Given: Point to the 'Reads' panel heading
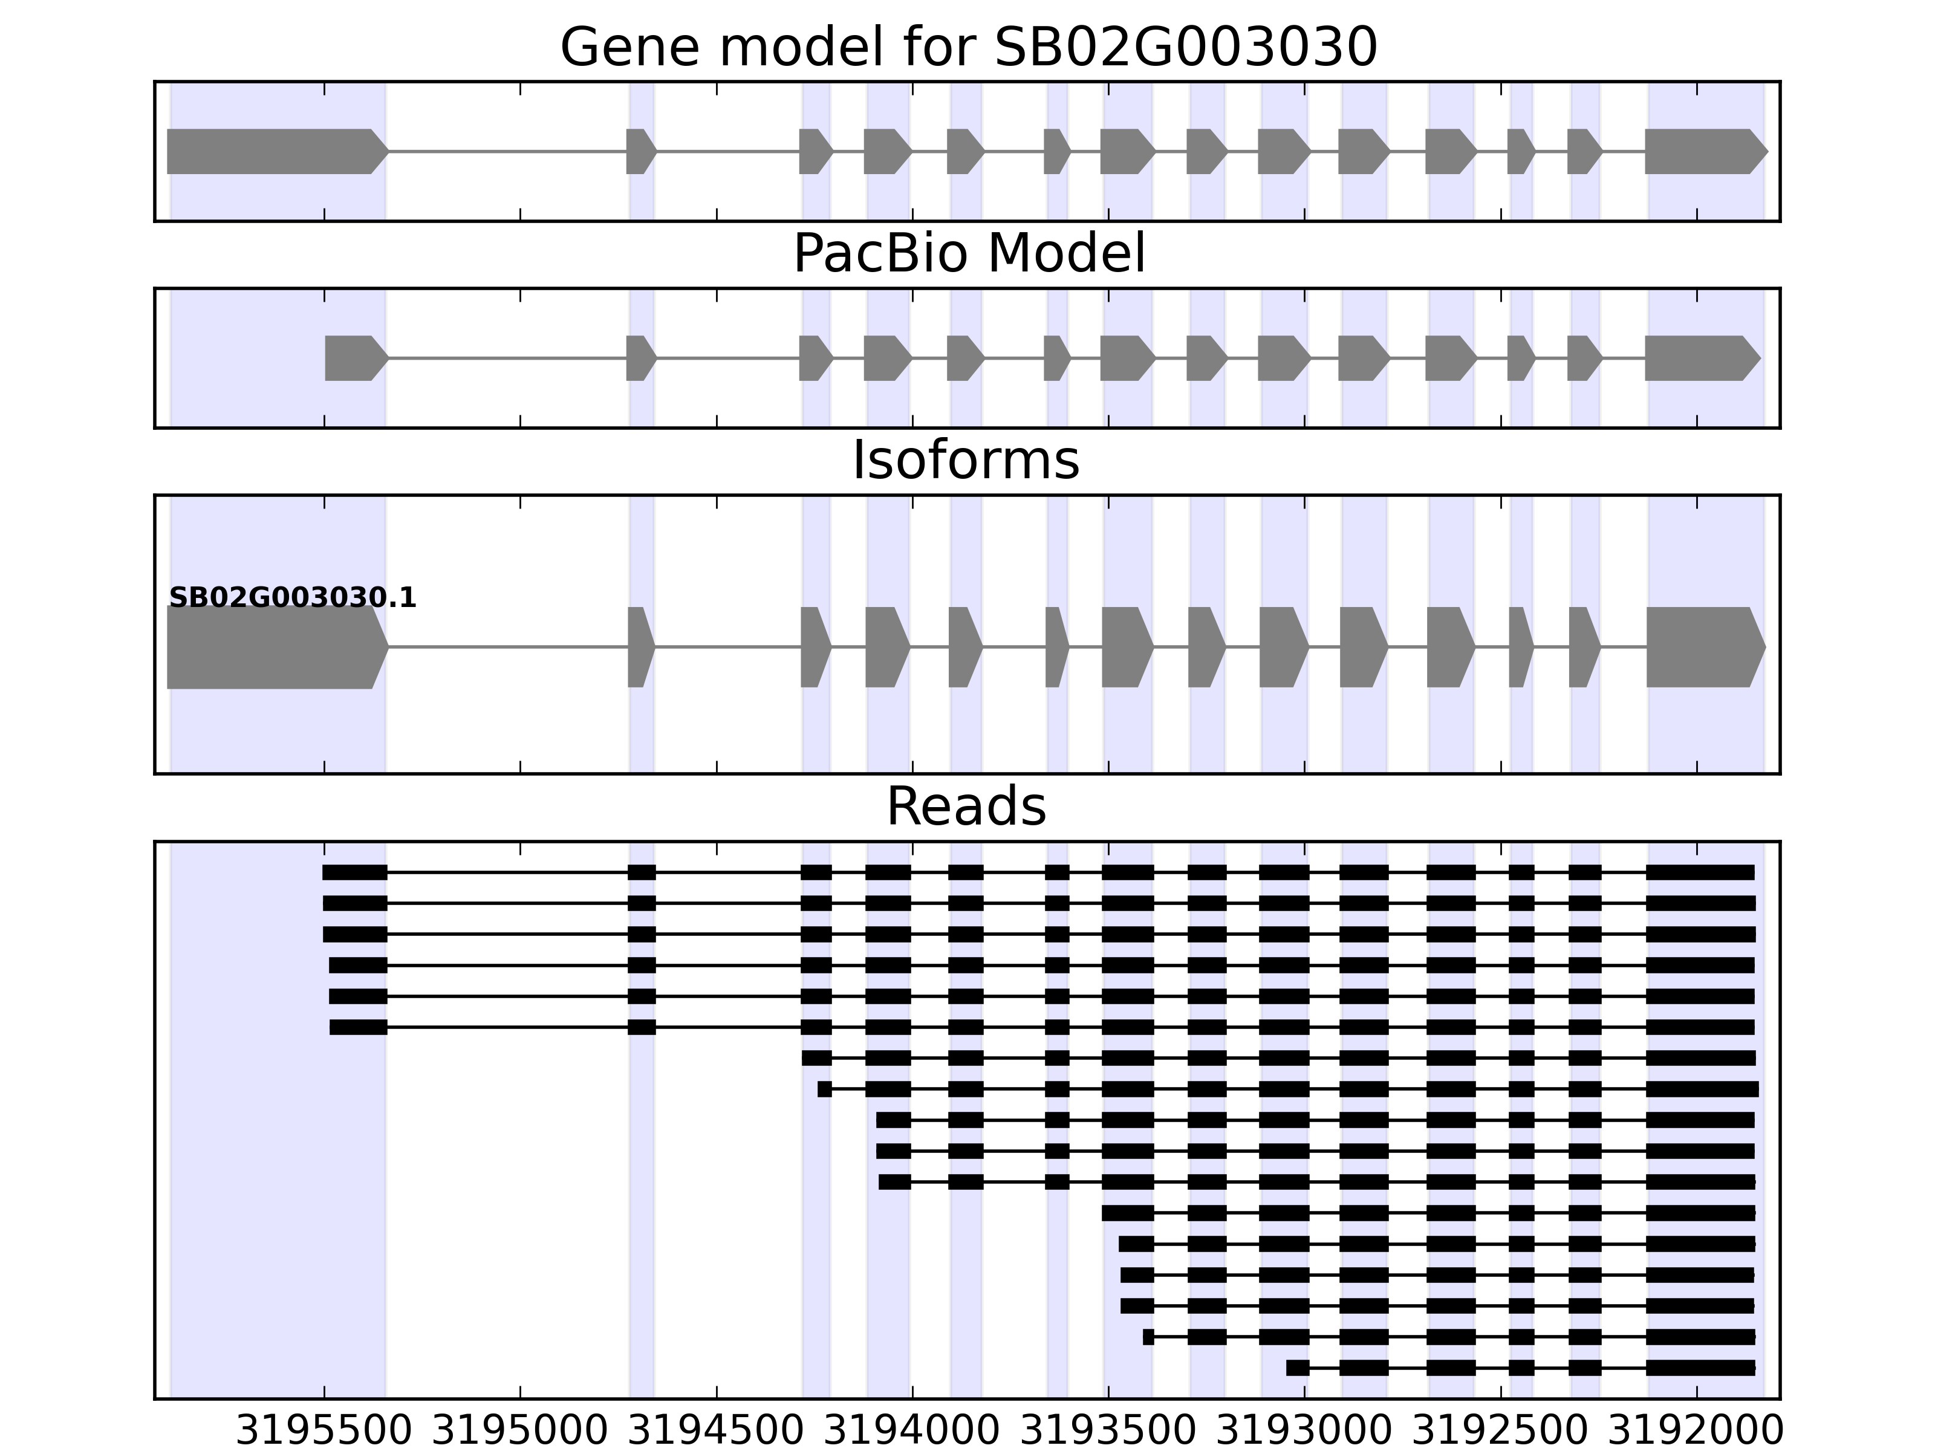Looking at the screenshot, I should tap(966, 807).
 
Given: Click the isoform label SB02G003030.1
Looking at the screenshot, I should tap(292, 599).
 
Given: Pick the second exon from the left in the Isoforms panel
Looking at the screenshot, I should tap(640, 648).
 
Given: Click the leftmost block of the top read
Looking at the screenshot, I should tap(354, 872).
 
